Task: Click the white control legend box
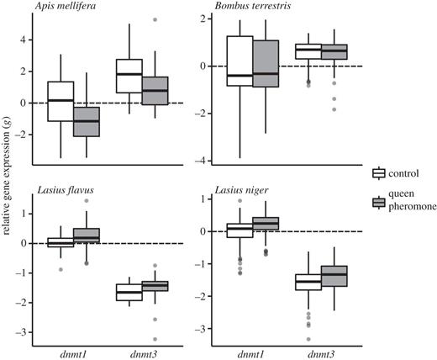(x=380, y=173)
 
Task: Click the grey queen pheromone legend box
(x=380, y=202)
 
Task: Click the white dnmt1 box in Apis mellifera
(x=61, y=101)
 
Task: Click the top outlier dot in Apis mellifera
(x=154, y=19)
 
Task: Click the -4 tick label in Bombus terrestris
(x=210, y=161)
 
